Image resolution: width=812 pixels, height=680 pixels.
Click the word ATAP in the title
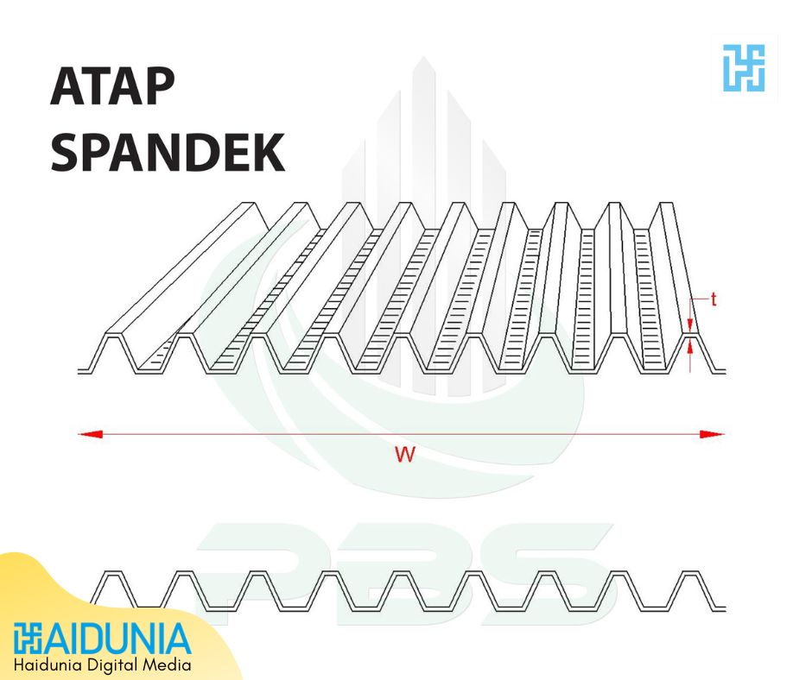click(x=112, y=86)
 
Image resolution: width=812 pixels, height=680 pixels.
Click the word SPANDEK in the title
click(x=168, y=152)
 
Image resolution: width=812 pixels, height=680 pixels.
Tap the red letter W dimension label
click(x=405, y=455)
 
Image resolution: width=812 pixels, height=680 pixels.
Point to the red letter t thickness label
click(x=714, y=299)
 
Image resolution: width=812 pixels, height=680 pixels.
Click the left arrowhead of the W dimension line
click(x=90, y=434)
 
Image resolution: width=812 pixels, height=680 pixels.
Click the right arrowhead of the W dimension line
click(x=713, y=434)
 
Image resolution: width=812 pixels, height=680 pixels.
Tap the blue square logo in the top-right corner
click(x=744, y=68)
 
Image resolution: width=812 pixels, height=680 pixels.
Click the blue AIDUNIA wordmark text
click(x=117, y=639)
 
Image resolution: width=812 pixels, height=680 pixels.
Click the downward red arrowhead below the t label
click(x=690, y=325)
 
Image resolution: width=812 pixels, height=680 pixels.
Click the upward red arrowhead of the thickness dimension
click(x=690, y=347)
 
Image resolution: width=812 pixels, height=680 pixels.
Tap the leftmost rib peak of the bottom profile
click(x=113, y=573)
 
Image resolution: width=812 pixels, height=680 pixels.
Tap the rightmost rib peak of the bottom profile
click(x=689, y=573)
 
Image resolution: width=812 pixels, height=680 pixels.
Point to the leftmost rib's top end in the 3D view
click(x=251, y=204)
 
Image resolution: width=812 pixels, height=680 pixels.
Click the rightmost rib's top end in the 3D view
click(x=667, y=204)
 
